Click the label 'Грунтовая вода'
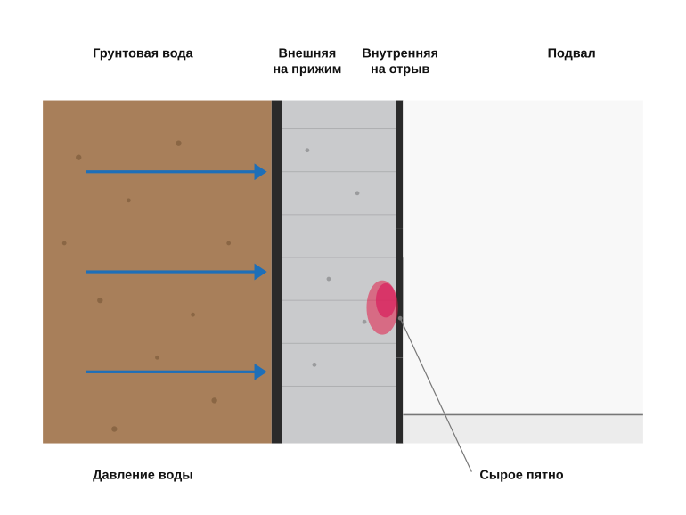tap(143, 53)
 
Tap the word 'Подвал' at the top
tap(571, 53)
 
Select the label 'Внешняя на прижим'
tap(307, 61)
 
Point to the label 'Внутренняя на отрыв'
tap(400, 61)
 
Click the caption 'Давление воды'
tap(143, 475)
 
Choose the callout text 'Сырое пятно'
tap(521, 475)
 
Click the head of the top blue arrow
tap(261, 172)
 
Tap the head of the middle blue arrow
tap(261, 272)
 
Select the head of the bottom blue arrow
tap(261, 372)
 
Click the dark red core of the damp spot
tap(386, 300)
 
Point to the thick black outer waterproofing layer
tap(276, 272)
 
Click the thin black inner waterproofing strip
tap(399, 272)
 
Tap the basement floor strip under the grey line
tap(523, 429)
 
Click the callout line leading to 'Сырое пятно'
tap(436, 395)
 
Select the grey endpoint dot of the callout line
tap(400, 319)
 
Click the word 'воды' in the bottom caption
tap(176, 475)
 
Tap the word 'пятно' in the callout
tap(542, 475)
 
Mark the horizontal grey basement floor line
tap(523, 414)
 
